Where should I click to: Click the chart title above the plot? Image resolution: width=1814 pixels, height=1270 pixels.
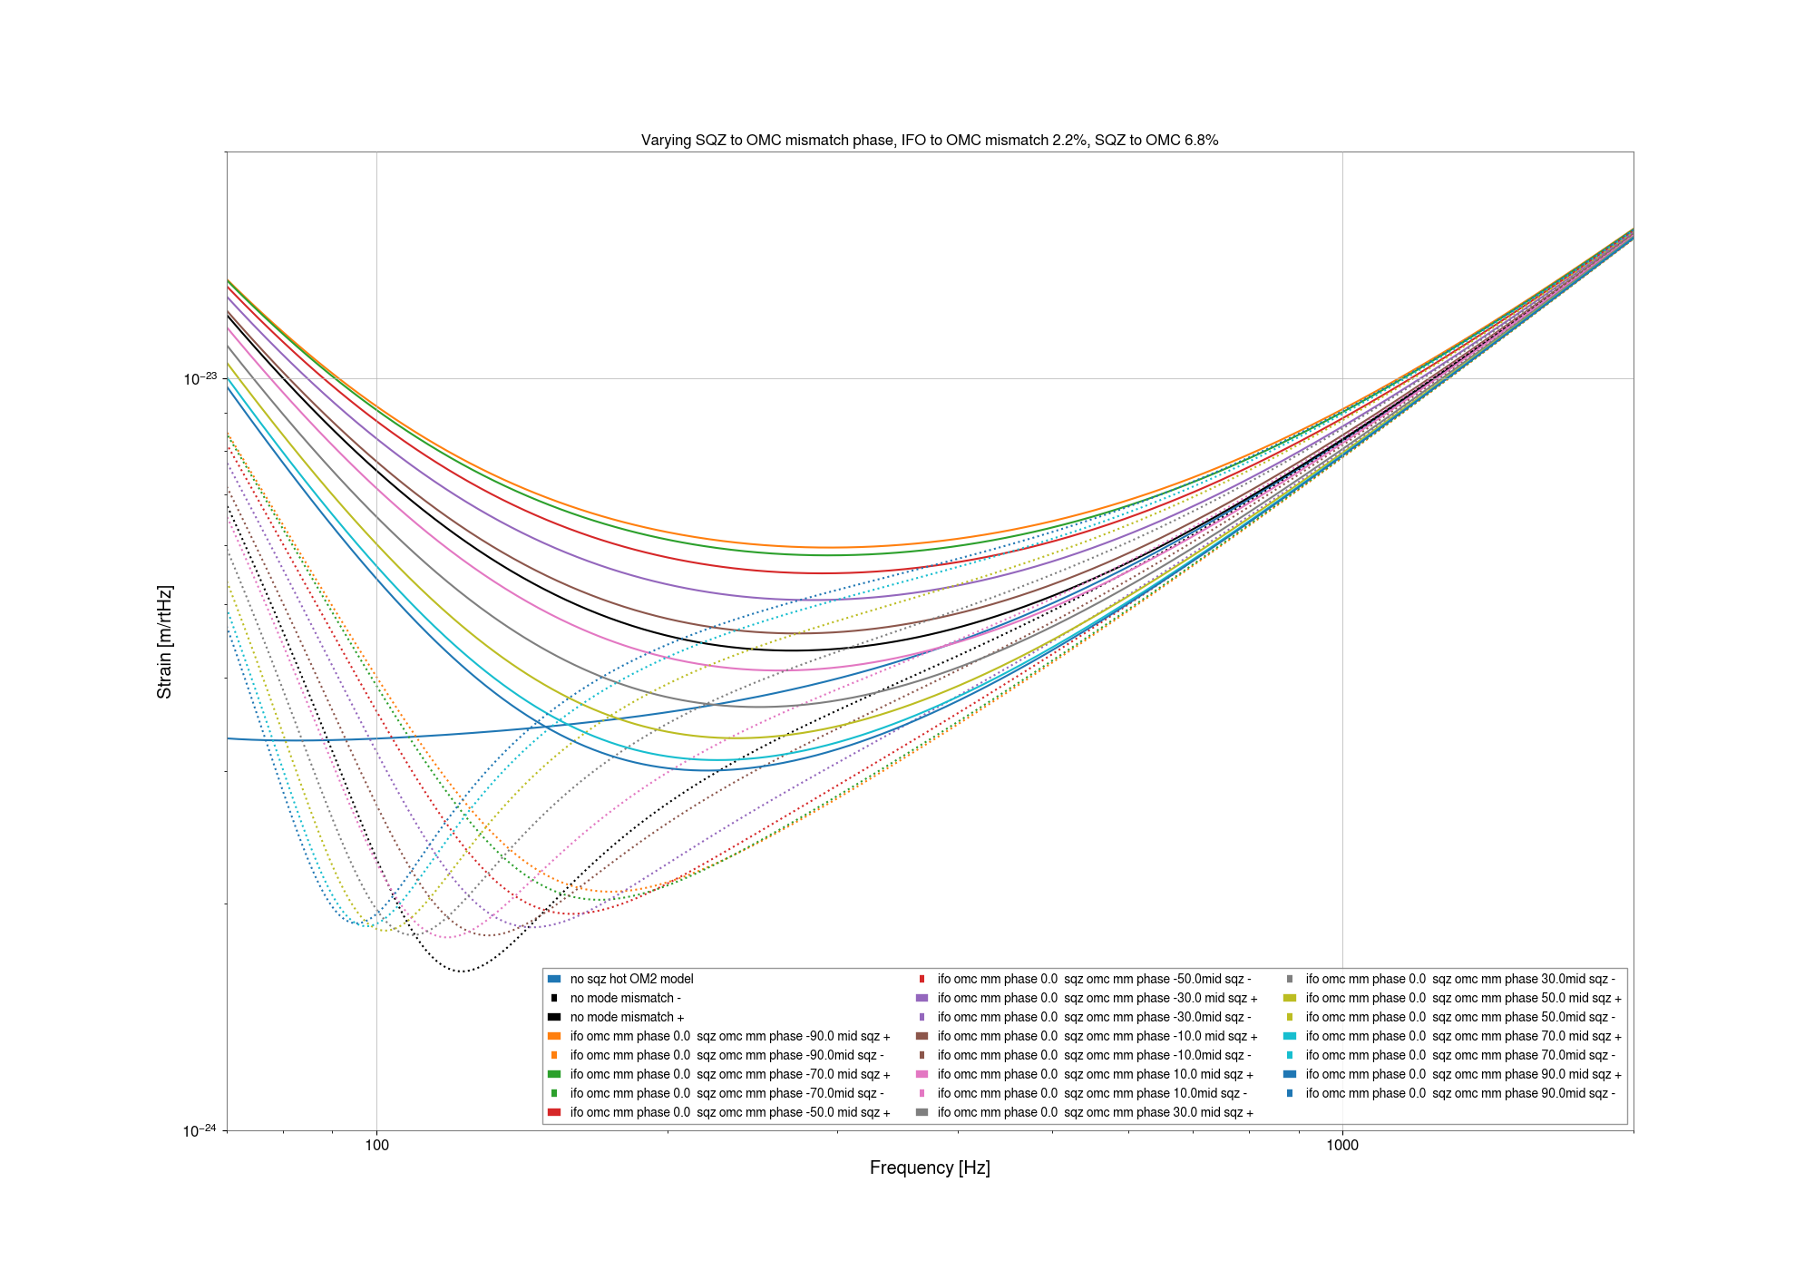tap(930, 141)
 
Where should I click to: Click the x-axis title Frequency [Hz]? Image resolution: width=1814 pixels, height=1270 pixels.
tap(930, 1168)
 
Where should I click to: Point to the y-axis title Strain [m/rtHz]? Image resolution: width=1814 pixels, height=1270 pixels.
tap(164, 642)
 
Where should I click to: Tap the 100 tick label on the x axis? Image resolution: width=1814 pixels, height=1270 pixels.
tap(376, 1145)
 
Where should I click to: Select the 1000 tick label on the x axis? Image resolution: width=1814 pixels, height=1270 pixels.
tap(1342, 1145)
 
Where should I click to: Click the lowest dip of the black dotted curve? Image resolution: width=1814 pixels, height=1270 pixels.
tap(463, 972)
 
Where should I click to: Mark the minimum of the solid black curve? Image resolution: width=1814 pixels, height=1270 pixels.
tap(791, 650)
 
